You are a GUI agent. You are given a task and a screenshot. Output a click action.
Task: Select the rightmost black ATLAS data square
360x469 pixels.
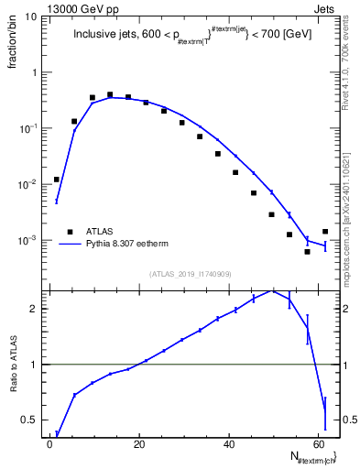coord(325,232)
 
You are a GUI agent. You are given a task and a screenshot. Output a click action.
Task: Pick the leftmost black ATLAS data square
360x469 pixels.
coord(57,180)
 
